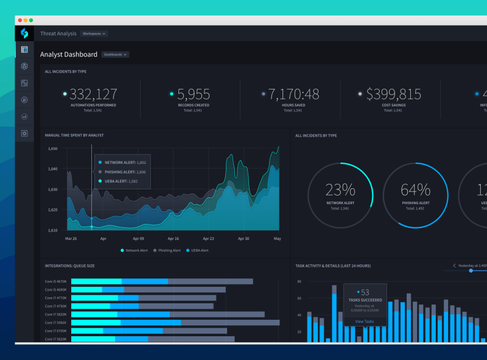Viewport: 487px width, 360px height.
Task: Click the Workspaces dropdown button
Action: (94, 34)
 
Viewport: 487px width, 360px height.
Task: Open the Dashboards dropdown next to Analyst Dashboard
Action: (115, 54)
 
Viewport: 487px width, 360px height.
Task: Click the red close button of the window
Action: (19, 20)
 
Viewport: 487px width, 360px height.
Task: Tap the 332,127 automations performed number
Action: (93, 94)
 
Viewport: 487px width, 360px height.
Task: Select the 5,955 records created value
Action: (194, 94)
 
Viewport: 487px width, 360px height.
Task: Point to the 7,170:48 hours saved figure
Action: (293, 94)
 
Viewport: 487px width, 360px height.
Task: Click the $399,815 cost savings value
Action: (393, 94)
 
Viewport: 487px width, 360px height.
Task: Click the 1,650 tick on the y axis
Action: (53, 149)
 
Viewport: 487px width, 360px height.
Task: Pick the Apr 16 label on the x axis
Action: (173, 239)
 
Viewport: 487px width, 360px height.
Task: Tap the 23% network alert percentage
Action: (340, 189)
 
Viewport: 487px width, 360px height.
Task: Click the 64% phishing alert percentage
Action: (415, 189)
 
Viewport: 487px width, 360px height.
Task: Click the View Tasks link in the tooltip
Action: (364, 321)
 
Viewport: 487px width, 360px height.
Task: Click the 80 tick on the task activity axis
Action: (299, 282)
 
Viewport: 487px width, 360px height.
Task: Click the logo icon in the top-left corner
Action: (24, 34)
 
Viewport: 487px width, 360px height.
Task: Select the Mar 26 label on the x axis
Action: (71, 239)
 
